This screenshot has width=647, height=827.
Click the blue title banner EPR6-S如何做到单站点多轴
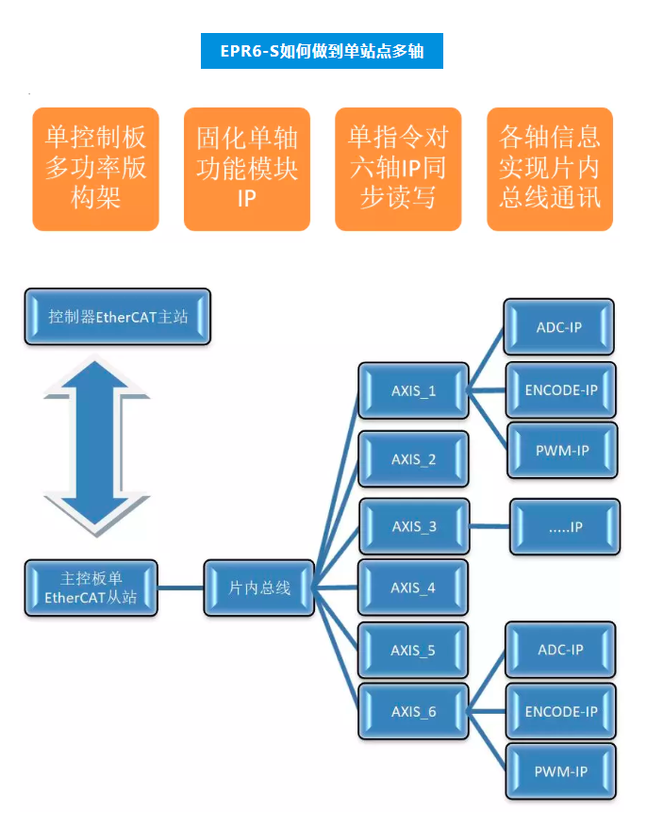pos(322,51)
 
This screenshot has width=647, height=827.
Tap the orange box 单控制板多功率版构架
pos(95,169)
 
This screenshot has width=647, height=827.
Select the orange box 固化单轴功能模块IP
pos(246,169)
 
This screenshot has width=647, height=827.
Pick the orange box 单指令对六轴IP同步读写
pos(398,169)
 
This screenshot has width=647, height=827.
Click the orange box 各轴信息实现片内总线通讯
pos(550,169)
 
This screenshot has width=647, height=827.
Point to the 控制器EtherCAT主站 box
pos(118,317)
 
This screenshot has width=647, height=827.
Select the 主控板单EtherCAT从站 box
pos(91,587)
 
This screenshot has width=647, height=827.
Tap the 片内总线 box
pos(259,587)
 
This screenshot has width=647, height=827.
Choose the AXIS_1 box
pos(413,390)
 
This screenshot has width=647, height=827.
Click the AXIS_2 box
pos(413,459)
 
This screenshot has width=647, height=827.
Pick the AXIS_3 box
pos(414,526)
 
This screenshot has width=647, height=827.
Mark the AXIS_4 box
pos(413,587)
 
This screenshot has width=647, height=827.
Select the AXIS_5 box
pos(413,651)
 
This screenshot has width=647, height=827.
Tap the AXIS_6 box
pos(414,711)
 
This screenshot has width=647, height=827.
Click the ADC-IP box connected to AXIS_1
pos(559,327)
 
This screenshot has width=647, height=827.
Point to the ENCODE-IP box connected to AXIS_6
pos(561,711)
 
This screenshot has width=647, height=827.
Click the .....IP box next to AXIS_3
pos(565,527)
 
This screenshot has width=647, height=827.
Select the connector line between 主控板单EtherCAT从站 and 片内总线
pos(180,588)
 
